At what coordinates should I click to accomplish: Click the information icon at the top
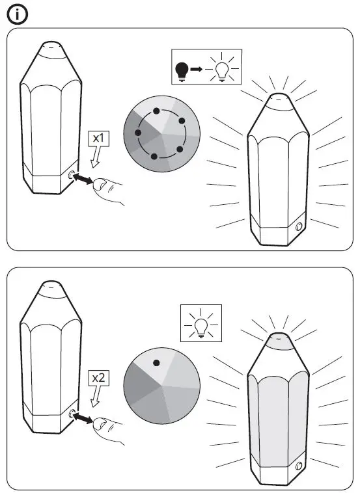click(x=16, y=14)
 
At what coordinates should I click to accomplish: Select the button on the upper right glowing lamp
click(x=299, y=227)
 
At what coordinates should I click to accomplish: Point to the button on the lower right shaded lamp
click(x=299, y=466)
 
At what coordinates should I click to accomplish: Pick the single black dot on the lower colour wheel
click(x=156, y=363)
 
